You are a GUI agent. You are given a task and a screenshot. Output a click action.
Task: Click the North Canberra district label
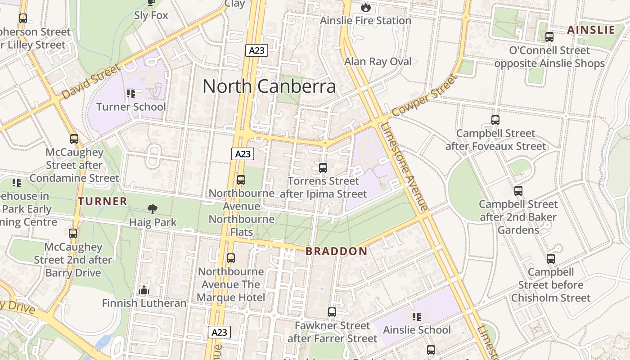click(x=269, y=86)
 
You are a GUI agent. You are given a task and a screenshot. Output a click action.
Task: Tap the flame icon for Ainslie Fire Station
click(x=365, y=7)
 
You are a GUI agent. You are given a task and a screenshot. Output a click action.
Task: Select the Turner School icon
click(x=131, y=94)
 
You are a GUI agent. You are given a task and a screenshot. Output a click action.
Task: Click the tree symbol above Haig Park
click(x=153, y=209)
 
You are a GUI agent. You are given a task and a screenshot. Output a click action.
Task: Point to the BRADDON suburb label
click(x=336, y=252)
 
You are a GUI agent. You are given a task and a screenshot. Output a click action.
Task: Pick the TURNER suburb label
click(x=103, y=201)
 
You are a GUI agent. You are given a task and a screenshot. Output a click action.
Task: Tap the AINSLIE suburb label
click(x=591, y=30)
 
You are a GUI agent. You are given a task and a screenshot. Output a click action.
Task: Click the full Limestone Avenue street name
click(x=404, y=167)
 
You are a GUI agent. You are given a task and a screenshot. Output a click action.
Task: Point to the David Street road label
click(x=91, y=82)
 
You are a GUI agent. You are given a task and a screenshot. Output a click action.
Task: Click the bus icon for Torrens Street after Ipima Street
click(x=323, y=168)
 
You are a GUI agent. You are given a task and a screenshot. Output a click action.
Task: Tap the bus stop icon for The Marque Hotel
click(x=231, y=258)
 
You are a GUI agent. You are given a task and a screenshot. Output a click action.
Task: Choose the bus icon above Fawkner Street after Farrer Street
click(x=332, y=312)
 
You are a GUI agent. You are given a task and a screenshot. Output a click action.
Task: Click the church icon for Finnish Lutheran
click(x=144, y=290)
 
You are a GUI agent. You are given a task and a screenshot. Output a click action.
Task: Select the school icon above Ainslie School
click(x=417, y=317)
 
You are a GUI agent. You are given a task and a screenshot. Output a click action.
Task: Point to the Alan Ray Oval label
click(x=378, y=62)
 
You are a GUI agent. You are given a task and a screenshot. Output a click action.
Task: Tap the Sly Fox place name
click(x=151, y=15)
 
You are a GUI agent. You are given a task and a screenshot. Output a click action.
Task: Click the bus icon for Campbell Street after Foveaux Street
click(x=495, y=120)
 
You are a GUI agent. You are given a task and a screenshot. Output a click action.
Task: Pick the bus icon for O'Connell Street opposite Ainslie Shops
click(x=549, y=37)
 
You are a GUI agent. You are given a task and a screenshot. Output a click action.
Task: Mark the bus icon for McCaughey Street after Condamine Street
click(x=74, y=139)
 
